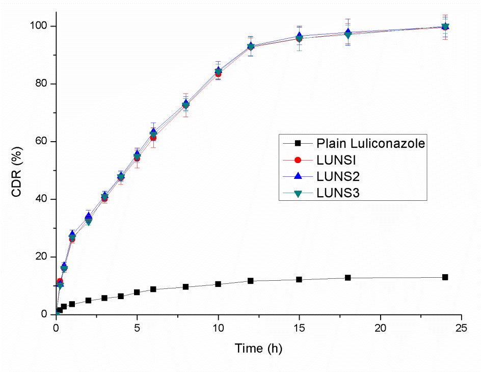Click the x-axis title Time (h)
[x=258, y=349]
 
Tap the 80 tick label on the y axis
[x=42, y=84]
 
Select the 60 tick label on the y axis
[x=42, y=141]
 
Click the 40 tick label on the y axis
[x=42, y=199]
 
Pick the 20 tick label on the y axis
[x=42, y=257]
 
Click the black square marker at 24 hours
[x=445, y=277]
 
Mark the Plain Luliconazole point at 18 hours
[x=347, y=278]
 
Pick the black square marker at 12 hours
[x=251, y=281]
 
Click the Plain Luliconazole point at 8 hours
[x=185, y=287]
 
